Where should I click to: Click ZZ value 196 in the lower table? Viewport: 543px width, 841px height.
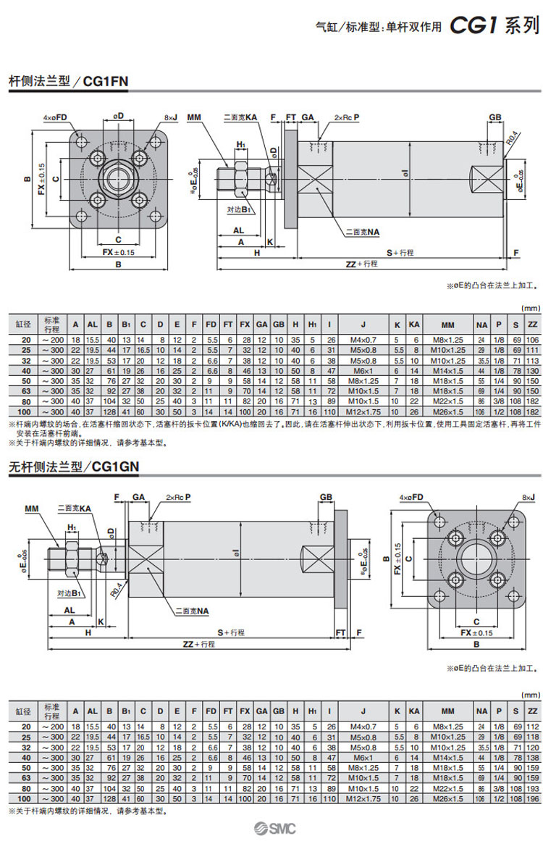point(532,798)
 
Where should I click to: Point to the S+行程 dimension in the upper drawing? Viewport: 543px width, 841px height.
point(399,253)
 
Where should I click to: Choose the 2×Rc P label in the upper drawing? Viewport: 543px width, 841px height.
point(346,116)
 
